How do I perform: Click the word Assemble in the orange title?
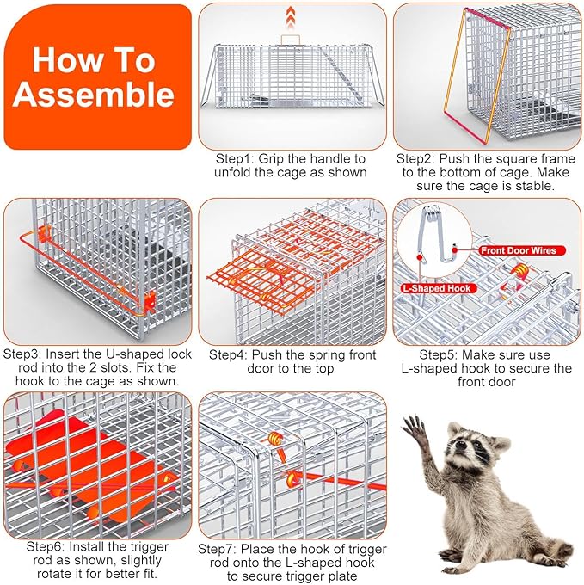pos(94,94)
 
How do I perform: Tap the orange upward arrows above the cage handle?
pos(291,17)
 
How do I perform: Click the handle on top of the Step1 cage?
pos(291,40)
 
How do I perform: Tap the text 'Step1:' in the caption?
pos(235,159)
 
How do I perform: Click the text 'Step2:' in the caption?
pos(415,159)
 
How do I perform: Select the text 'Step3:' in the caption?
pos(22,354)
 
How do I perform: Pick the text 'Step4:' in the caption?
pos(229,354)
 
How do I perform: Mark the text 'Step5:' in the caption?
pos(439,354)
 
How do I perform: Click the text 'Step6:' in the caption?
pos(46,547)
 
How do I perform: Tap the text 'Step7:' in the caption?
pos(218,549)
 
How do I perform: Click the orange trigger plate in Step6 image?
pos(86,466)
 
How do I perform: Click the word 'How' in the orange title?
pos(56,60)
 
